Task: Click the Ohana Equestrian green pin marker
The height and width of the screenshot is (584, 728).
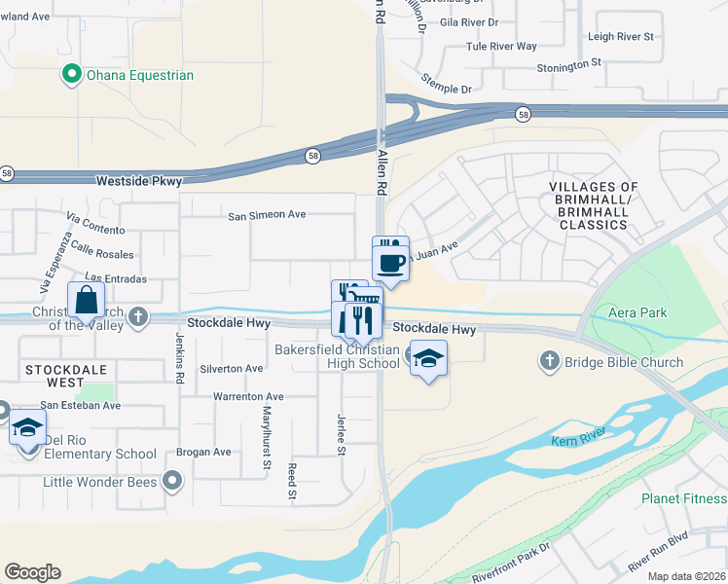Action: [71, 74]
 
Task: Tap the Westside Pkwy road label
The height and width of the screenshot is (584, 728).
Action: [138, 180]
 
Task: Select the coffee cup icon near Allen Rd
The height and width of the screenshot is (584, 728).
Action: [390, 263]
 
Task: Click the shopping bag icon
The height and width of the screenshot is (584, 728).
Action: [86, 300]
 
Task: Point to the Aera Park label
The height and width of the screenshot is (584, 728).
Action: [639, 311]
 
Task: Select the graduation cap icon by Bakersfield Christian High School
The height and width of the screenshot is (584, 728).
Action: [428, 359]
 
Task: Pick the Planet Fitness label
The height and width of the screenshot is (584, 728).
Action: [684, 498]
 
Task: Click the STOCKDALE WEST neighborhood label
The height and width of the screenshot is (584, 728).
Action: [62, 370]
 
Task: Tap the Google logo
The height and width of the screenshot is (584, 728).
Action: [32, 572]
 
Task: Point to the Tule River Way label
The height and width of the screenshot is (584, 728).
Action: [501, 46]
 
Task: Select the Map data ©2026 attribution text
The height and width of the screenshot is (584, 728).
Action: [687, 576]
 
